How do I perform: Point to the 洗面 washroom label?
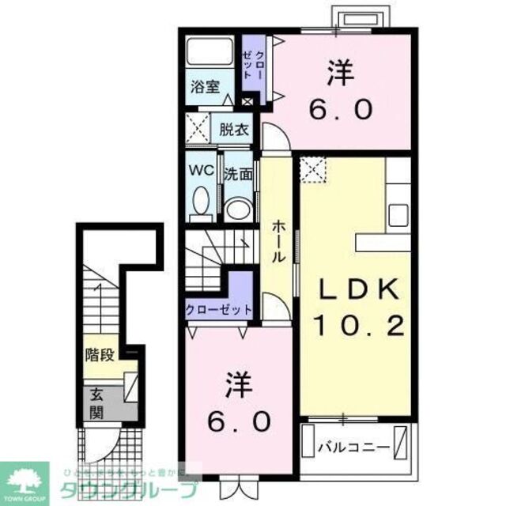pos(236,174)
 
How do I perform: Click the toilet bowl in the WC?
pos(202,202)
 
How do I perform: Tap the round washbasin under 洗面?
pos(236,209)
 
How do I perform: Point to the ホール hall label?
pos(278,242)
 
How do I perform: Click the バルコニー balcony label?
pos(353,447)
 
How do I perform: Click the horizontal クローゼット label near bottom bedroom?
pos(219,309)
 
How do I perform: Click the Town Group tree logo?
pos(25,478)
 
